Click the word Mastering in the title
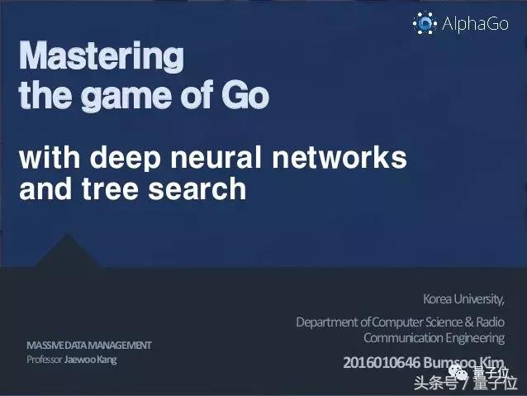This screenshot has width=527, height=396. [x=101, y=57]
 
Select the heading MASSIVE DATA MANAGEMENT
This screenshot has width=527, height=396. [x=88, y=345]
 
